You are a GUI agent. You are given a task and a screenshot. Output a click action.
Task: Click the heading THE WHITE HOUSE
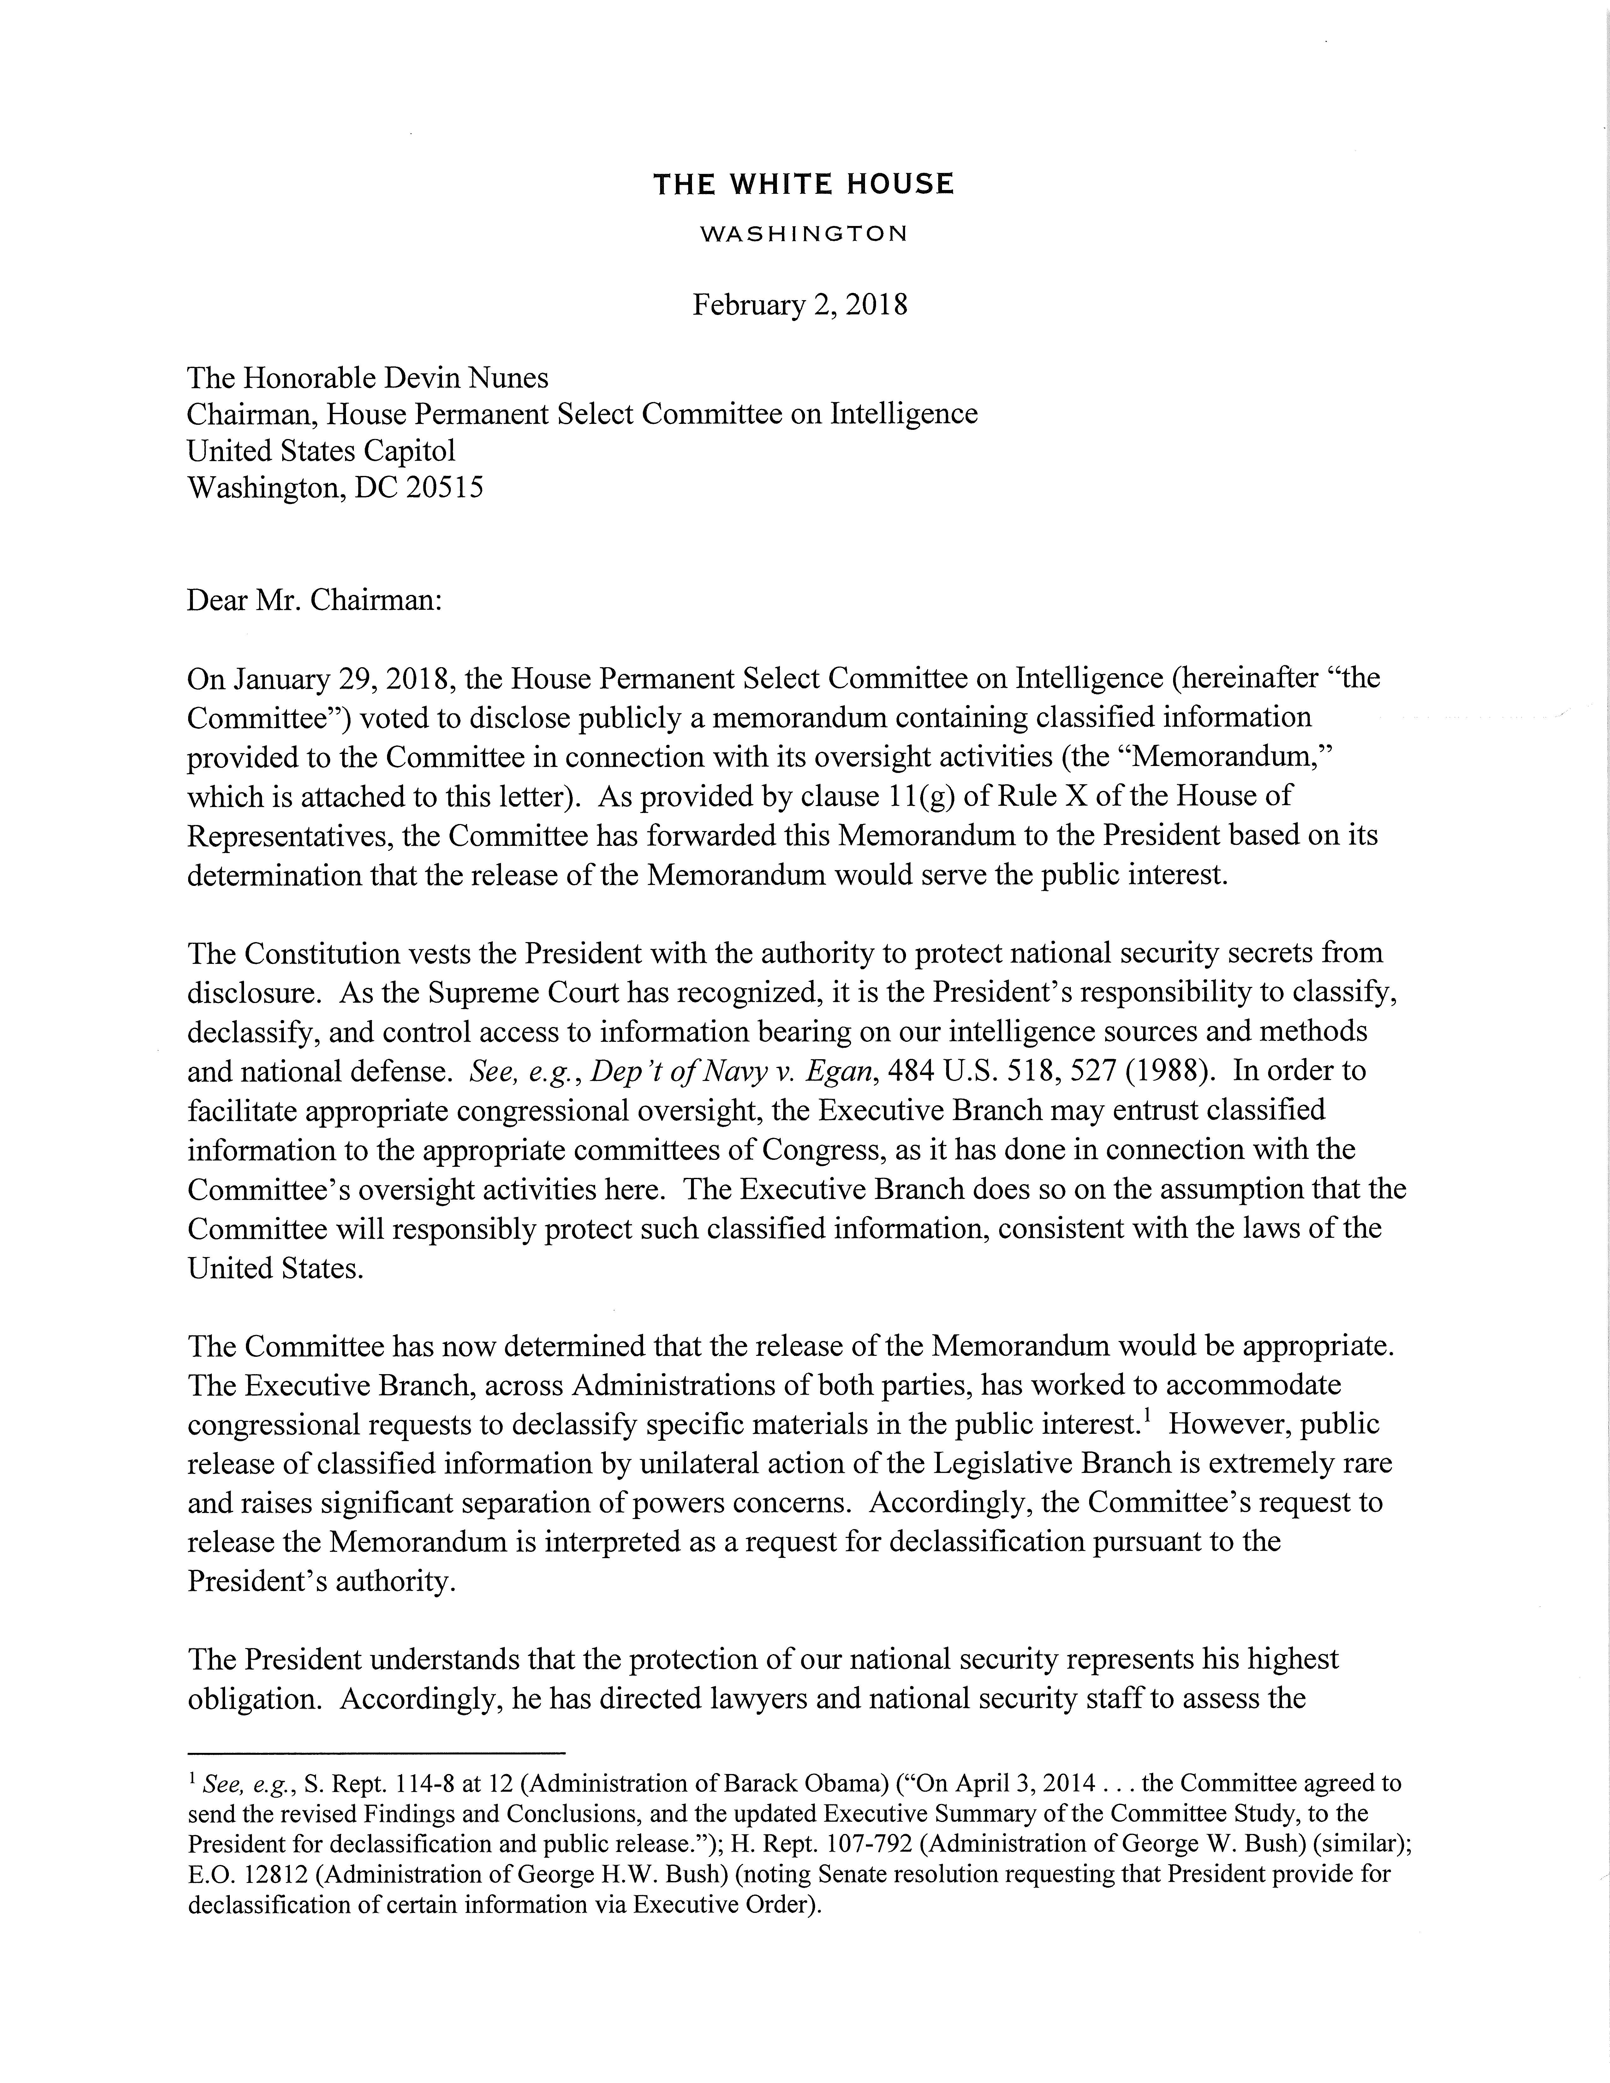[x=803, y=184]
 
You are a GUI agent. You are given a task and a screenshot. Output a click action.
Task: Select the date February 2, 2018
[x=799, y=305]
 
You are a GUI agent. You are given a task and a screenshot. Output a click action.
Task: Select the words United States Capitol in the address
[x=321, y=451]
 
